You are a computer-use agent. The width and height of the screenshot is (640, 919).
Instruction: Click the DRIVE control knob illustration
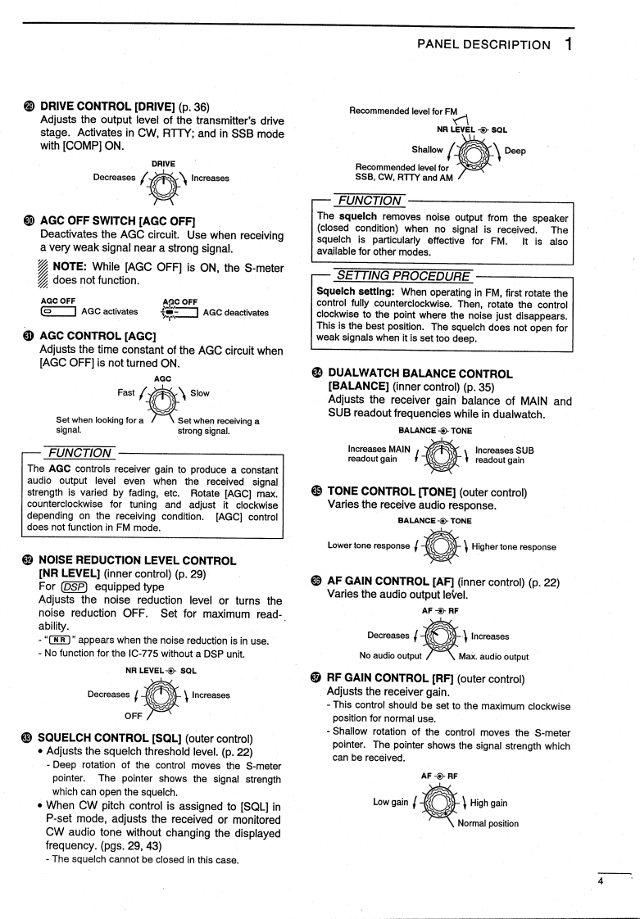click(x=166, y=179)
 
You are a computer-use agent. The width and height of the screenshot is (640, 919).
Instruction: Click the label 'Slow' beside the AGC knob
click(x=200, y=393)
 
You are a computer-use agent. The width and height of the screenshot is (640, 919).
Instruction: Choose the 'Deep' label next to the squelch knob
click(x=515, y=151)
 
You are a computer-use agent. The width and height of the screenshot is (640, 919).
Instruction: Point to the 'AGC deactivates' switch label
click(x=235, y=312)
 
